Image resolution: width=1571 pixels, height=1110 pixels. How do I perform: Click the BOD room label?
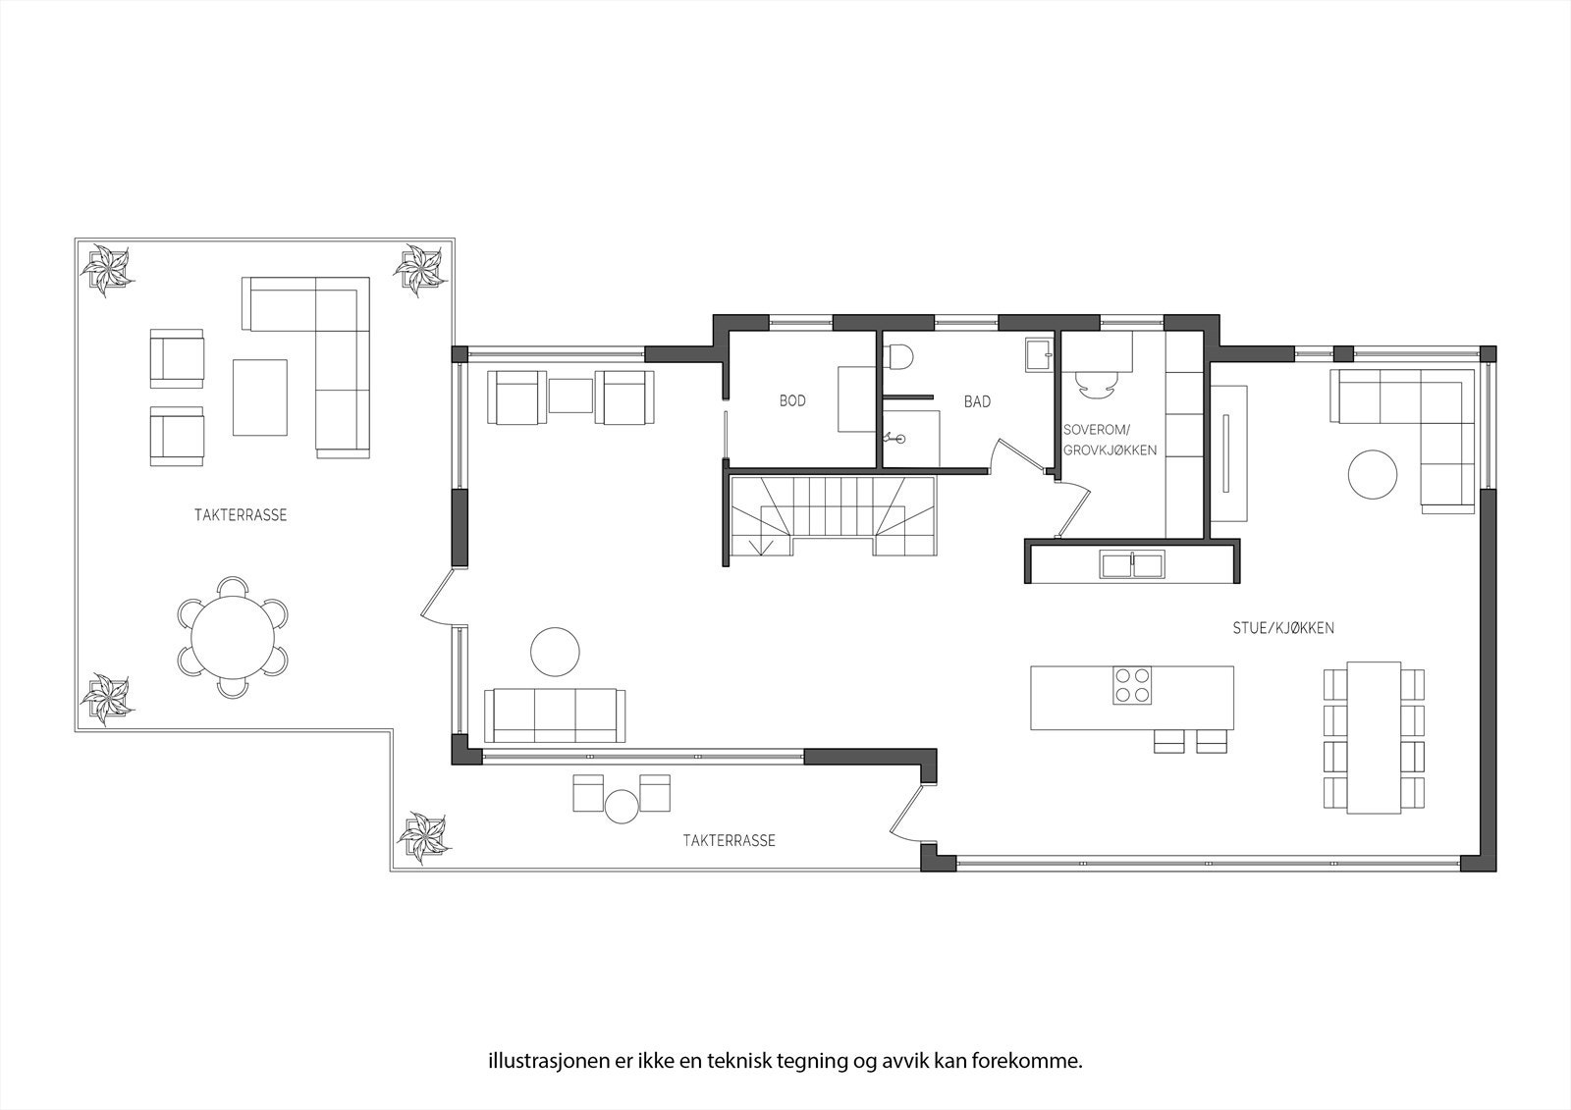pyautogui.click(x=792, y=400)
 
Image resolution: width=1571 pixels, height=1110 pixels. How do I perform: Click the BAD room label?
pyautogui.click(x=977, y=401)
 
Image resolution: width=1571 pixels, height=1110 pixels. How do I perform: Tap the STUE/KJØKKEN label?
pyautogui.click(x=1283, y=628)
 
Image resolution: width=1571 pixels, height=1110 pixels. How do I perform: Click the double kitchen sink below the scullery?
pyautogui.click(x=1131, y=565)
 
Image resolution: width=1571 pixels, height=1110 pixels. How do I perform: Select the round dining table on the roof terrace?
pyautogui.click(x=233, y=637)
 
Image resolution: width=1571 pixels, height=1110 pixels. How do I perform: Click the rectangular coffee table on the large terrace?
pyautogui.click(x=260, y=396)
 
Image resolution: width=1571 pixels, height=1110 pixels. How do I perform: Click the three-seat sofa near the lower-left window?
pyautogui.click(x=555, y=714)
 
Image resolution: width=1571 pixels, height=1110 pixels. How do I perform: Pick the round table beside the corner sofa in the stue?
pyautogui.click(x=1372, y=474)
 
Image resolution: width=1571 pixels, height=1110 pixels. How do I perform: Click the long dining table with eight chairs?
pyautogui.click(x=1374, y=737)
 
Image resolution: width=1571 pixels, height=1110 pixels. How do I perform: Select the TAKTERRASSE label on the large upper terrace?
pyautogui.click(x=241, y=515)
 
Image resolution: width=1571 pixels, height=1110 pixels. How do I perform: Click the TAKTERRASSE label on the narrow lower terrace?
pyautogui.click(x=729, y=840)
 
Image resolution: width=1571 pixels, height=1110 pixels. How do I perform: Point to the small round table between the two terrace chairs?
pyautogui.click(x=622, y=807)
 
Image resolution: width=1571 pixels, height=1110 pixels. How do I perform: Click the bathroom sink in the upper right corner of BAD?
pyautogui.click(x=1038, y=353)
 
